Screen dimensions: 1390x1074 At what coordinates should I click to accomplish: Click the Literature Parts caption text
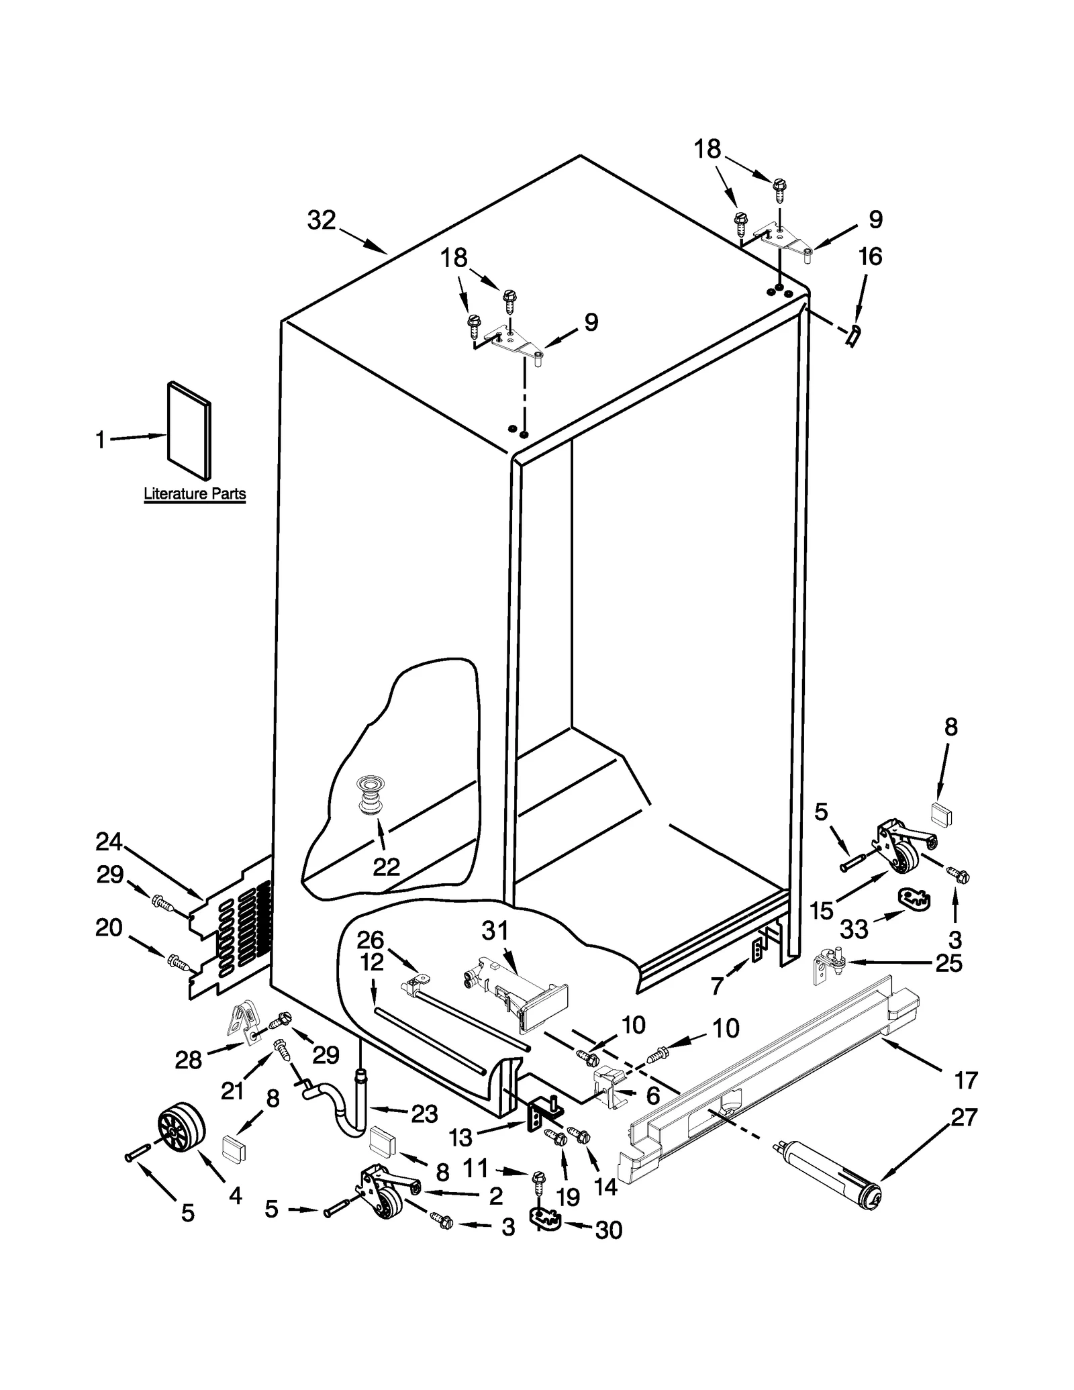[195, 495]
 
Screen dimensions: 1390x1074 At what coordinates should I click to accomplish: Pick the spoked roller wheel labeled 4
[181, 1129]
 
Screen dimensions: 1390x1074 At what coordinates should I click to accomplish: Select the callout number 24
[109, 841]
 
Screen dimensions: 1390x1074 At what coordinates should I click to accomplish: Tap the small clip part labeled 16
[852, 334]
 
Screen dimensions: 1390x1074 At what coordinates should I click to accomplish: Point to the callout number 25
[949, 964]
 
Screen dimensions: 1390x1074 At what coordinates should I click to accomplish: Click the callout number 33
[855, 929]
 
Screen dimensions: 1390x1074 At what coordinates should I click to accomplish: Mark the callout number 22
[386, 867]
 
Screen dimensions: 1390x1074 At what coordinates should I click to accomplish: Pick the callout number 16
[870, 256]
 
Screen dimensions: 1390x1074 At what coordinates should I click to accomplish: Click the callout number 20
[109, 928]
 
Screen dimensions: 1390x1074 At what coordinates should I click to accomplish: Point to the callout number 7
[717, 986]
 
